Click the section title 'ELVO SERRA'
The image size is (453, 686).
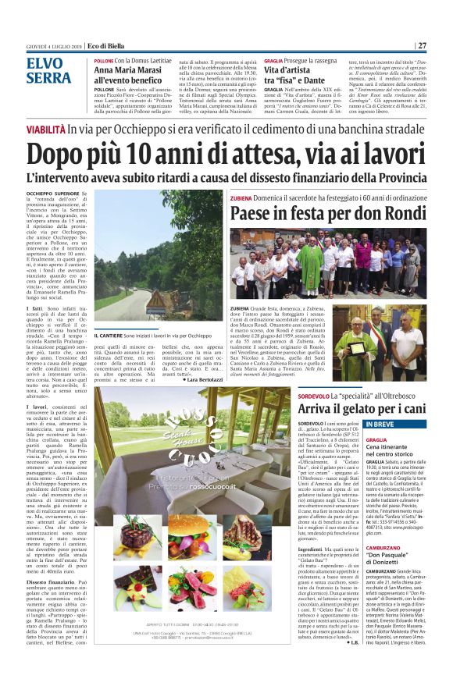coord(48,71)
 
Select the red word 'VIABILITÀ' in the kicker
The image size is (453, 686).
coord(45,129)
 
